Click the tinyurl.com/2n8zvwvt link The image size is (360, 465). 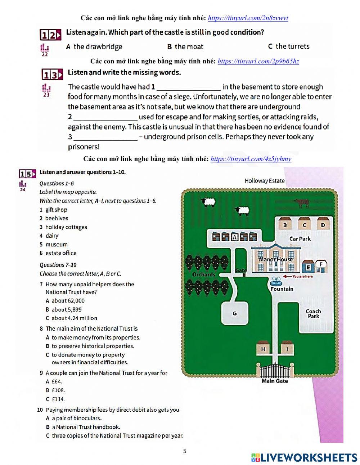(248, 18)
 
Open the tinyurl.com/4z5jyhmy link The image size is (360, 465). (251, 159)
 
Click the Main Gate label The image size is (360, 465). (274, 381)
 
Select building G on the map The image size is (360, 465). (235, 313)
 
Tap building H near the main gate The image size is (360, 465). (263, 349)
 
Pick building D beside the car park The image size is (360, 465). (323, 225)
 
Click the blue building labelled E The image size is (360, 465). (308, 267)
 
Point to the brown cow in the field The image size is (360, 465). (302, 204)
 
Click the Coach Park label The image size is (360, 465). (313, 314)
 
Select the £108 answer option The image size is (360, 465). (58, 390)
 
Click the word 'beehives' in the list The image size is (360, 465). (57, 218)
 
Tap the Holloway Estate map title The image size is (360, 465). (264, 181)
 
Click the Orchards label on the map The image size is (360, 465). (203, 274)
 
